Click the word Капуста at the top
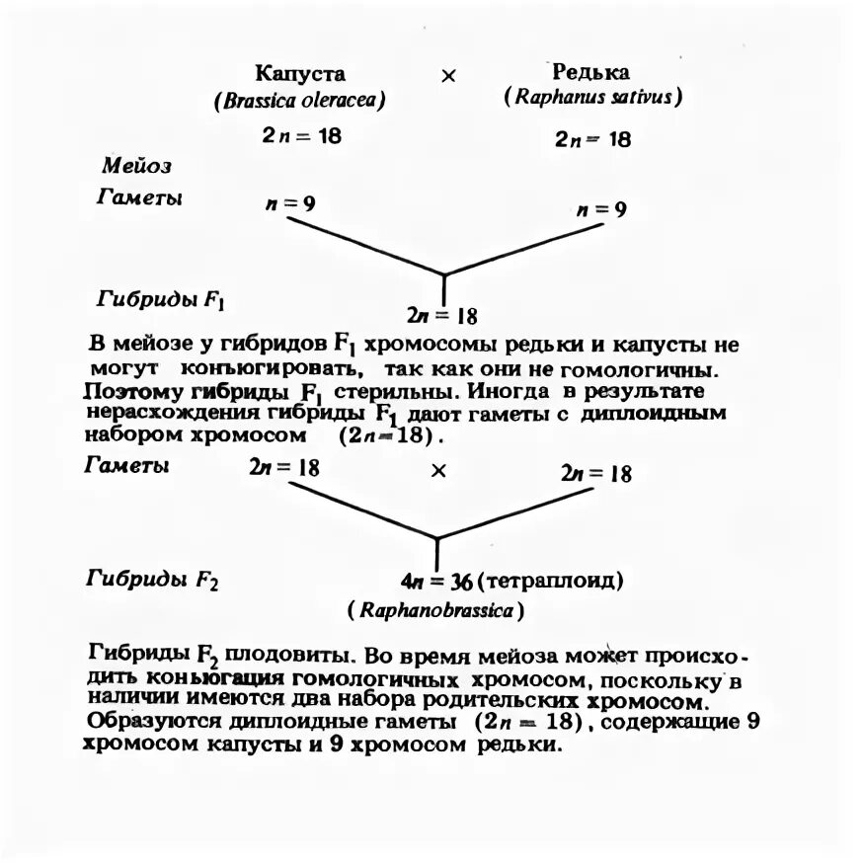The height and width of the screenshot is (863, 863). pos(300,73)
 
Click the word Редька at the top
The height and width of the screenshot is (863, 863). pos(590,72)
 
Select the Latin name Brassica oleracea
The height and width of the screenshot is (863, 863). pos(298,100)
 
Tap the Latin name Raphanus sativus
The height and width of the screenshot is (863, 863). pos(592,98)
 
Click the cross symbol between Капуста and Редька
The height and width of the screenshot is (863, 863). pos(447,76)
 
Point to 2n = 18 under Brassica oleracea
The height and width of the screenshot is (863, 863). pos(301,135)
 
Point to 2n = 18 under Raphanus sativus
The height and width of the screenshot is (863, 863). pos(592,139)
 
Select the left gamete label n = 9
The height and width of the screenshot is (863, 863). pos(290,204)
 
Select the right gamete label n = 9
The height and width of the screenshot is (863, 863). pos(600,209)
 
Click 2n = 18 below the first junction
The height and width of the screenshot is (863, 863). pos(441,316)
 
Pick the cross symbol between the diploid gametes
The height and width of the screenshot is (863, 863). pos(438,472)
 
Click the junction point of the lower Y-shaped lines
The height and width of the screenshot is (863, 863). pos(436,538)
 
